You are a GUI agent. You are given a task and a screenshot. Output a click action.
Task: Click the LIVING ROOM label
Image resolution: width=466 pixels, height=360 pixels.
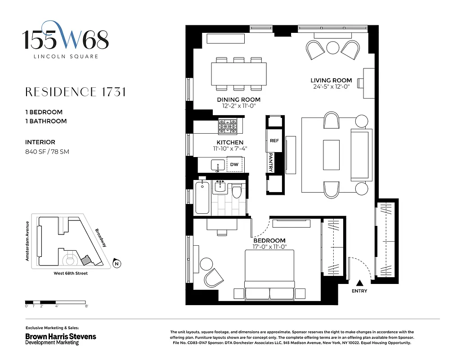click(331, 81)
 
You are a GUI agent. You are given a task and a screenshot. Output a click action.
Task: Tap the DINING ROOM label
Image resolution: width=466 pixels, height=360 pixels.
click(238, 100)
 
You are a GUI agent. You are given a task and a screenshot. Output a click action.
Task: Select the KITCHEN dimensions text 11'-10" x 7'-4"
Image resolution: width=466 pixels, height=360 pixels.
click(230, 148)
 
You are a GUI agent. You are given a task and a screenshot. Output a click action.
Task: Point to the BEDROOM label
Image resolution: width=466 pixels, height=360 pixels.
click(269, 240)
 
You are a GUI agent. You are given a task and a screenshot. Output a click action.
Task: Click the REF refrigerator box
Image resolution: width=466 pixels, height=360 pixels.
click(274, 141)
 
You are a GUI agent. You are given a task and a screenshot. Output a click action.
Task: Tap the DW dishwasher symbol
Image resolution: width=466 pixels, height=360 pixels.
click(234, 165)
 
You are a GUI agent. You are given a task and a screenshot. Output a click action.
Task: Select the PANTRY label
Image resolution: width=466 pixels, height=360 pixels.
click(271, 162)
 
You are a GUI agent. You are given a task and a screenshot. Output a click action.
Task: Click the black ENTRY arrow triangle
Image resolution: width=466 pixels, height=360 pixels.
click(359, 283)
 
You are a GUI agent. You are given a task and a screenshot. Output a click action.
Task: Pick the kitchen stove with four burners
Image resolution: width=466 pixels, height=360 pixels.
click(228, 126)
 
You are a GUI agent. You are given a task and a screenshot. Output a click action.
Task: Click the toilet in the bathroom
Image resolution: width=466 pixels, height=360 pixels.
click(237, 193)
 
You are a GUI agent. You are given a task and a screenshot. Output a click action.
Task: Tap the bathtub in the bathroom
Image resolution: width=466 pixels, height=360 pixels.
click(202, 198)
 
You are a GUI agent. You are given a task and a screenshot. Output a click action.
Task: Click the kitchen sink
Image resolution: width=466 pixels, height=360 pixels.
click(218, 165)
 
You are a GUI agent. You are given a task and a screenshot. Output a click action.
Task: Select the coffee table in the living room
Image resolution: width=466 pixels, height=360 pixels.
click(332, 155)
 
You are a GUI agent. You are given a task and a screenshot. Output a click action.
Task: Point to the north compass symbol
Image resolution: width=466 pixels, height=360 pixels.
click(116, 264)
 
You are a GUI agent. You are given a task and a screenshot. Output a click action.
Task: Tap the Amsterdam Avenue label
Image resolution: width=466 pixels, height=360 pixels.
click(27, 241)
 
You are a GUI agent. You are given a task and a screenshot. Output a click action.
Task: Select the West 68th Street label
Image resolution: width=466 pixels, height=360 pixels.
click(67, 273)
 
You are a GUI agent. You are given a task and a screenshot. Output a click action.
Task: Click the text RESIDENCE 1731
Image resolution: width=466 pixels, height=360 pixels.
click(75, 92)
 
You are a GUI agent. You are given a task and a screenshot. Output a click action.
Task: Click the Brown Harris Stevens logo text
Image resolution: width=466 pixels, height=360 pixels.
click(60, 336)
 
